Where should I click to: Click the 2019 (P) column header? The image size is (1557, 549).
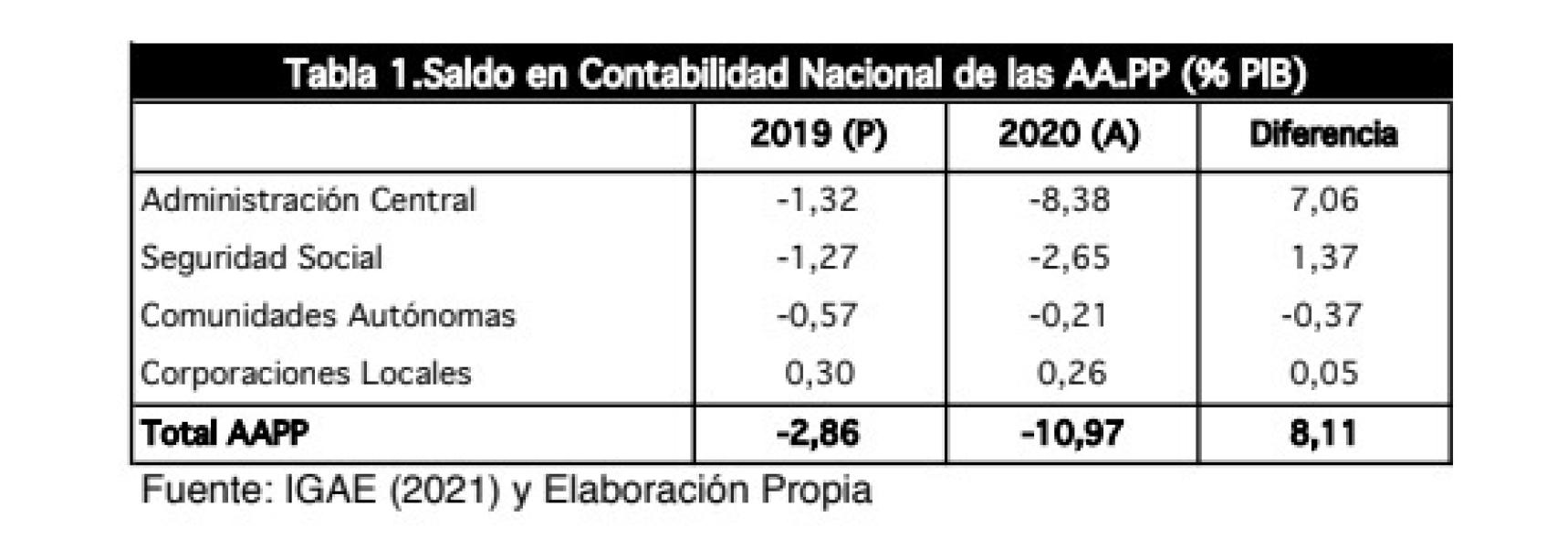818,135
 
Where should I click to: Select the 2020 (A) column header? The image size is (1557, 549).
1069,135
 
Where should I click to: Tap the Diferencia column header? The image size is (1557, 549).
1322,135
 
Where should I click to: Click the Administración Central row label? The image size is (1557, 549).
308,200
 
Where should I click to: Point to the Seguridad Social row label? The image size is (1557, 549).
261,258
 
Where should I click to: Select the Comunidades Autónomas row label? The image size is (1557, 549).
328,316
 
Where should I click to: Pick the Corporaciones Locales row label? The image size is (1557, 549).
306,374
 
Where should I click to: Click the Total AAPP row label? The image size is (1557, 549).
225,433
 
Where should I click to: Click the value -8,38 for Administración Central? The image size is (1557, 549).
1069,200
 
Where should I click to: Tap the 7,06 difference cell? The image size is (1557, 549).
1323,200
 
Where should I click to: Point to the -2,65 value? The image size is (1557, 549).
1069,258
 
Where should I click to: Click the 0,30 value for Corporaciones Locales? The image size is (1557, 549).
819,374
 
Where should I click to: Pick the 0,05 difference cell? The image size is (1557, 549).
1323,374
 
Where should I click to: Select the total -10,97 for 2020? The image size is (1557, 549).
1071,433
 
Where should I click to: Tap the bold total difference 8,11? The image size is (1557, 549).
1322,433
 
